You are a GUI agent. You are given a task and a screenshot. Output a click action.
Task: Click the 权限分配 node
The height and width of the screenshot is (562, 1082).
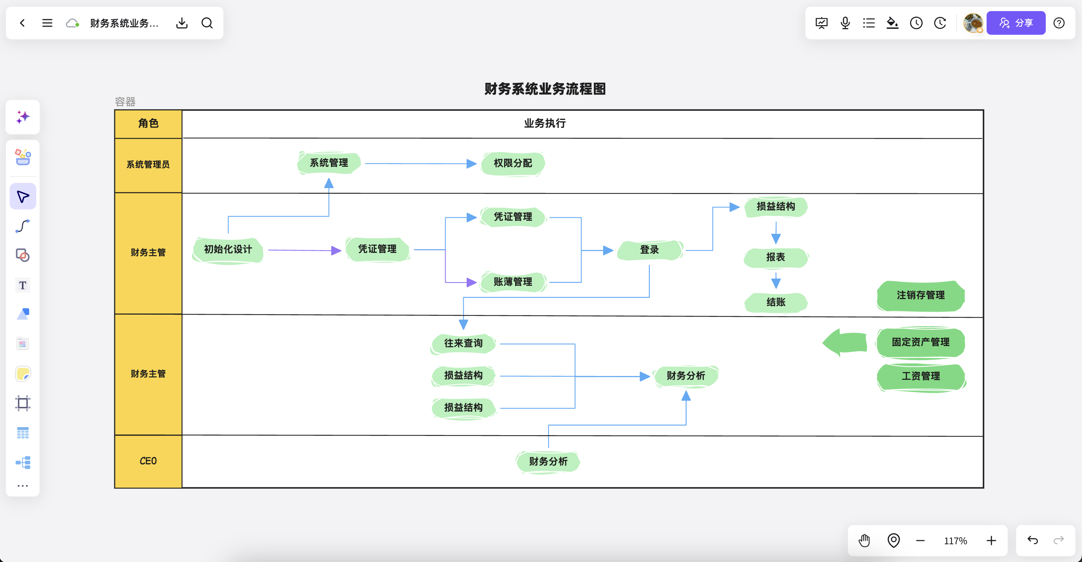click(x=513, y=163)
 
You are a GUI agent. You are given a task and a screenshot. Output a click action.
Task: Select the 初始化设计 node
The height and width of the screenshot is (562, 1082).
click(x=228, y=250)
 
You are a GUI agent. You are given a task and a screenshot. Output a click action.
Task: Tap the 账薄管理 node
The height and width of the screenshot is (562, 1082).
click(x=513, y=282)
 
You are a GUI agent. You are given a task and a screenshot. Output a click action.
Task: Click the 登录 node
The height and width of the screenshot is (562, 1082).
click(x=649, y=250)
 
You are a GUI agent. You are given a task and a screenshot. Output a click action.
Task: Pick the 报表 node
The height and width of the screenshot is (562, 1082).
click(x=775, y=257)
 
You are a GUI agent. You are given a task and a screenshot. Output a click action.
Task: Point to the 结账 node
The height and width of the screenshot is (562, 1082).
click(x=775, y=302)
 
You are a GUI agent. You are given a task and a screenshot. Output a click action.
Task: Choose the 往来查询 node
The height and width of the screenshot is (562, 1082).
click(x=463, y=343)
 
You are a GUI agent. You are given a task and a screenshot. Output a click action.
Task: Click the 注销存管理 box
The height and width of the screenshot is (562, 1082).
click(x=920, y=296)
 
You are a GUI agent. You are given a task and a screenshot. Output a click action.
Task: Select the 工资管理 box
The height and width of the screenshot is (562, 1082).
click(x=921, y=376)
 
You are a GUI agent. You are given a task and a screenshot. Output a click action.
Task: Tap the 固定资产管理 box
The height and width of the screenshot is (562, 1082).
click(x=920, y=342)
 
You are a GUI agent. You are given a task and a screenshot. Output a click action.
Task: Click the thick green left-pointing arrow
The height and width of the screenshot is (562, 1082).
click(x=845, y=342)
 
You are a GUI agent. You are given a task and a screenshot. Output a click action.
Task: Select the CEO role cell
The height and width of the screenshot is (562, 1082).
click(x=148, y=461)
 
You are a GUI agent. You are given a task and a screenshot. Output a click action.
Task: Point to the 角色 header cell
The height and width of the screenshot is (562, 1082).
click(x=148, y=124)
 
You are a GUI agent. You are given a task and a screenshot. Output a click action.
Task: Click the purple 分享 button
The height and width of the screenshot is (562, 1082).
click(x=1016, y=23)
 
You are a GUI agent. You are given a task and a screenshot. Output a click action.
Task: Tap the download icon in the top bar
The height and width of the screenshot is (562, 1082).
click(x=182, y=23)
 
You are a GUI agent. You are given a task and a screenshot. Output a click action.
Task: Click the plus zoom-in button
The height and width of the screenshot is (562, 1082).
click(x=991, y=541)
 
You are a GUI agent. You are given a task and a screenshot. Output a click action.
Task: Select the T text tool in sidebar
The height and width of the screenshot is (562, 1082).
click(x=23, y=285)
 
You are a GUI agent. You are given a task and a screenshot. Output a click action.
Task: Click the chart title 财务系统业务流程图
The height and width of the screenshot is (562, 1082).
click(x=545, y=89)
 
